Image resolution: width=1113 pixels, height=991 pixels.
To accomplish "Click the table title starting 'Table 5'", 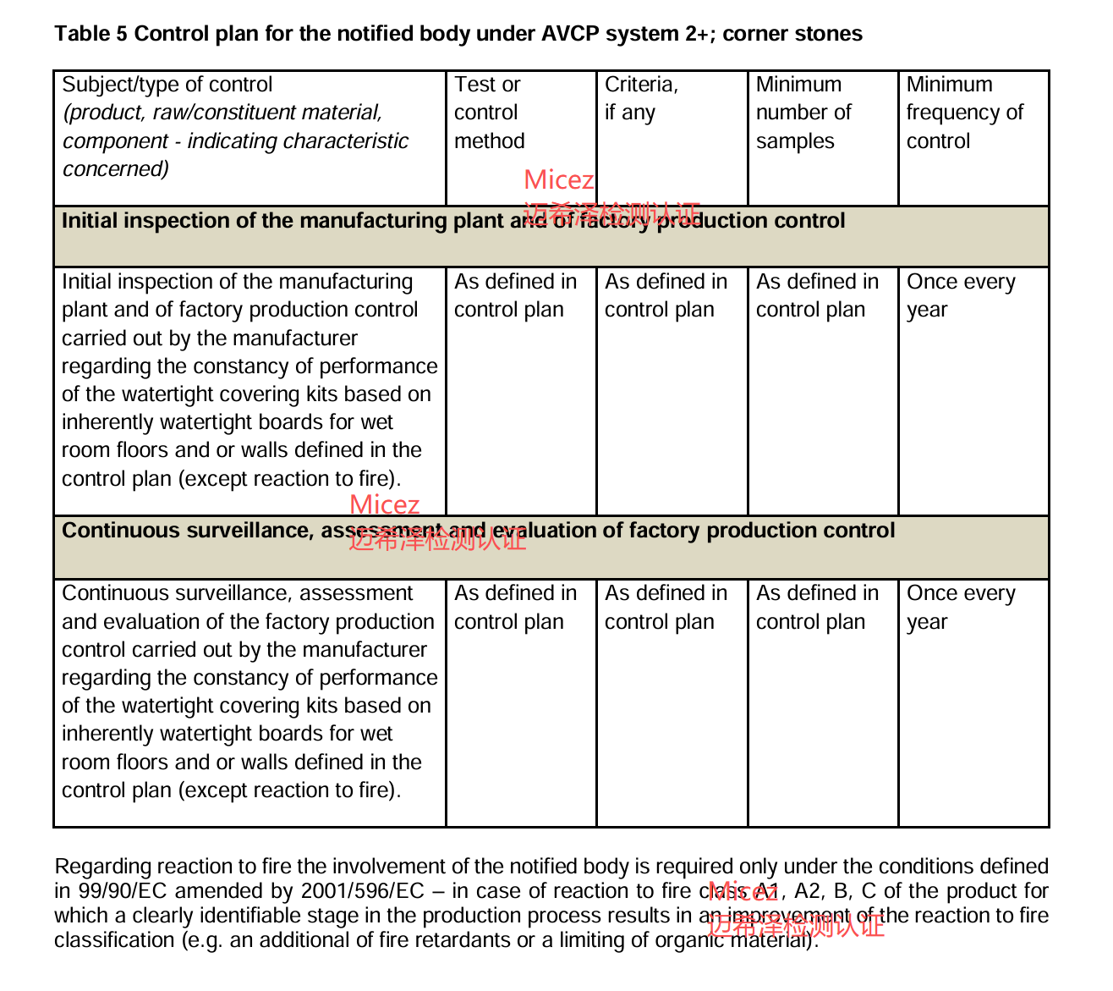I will point(458,34).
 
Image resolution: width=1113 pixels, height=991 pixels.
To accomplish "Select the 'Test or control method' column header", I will point(489,113).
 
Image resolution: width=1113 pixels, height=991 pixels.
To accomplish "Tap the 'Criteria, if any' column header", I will point(641,98).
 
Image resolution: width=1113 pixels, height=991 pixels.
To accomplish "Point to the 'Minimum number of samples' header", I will point(803,113).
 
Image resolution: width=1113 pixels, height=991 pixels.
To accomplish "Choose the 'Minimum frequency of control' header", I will point(964,113).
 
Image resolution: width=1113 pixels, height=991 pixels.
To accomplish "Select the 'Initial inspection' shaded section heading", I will point(453,221).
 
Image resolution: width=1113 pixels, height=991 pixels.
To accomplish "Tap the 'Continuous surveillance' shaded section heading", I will point(478,531).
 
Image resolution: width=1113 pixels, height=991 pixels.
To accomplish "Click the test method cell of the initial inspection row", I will point(515,295).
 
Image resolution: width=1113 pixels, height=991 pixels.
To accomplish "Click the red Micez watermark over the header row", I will point(559,180).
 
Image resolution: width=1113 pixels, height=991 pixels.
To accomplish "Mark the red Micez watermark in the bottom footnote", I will point(743,891).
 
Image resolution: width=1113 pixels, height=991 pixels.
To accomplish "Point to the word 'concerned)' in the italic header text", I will point(116,168).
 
